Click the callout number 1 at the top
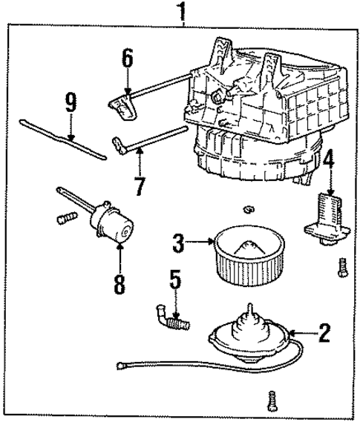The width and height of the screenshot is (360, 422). coord(183,11)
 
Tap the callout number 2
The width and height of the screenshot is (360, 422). coord(324,333)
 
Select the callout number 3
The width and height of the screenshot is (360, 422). coord(178,243)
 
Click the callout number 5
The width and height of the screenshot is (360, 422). coord(175,279)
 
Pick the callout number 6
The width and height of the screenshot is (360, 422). coord(128,58)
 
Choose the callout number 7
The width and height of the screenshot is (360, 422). coord(140,186)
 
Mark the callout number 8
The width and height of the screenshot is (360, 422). coord(120,285)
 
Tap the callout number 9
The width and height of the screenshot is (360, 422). coord(71,102)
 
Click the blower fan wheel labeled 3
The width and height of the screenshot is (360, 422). coord(249,255)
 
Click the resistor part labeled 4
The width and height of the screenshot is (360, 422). coord(327,220)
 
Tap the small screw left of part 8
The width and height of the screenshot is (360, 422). coord(67,217)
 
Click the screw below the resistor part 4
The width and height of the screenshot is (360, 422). coord(342,268)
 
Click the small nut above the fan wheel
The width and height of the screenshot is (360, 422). coord(249,209)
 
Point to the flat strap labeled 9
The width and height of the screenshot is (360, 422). coord(63,139)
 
